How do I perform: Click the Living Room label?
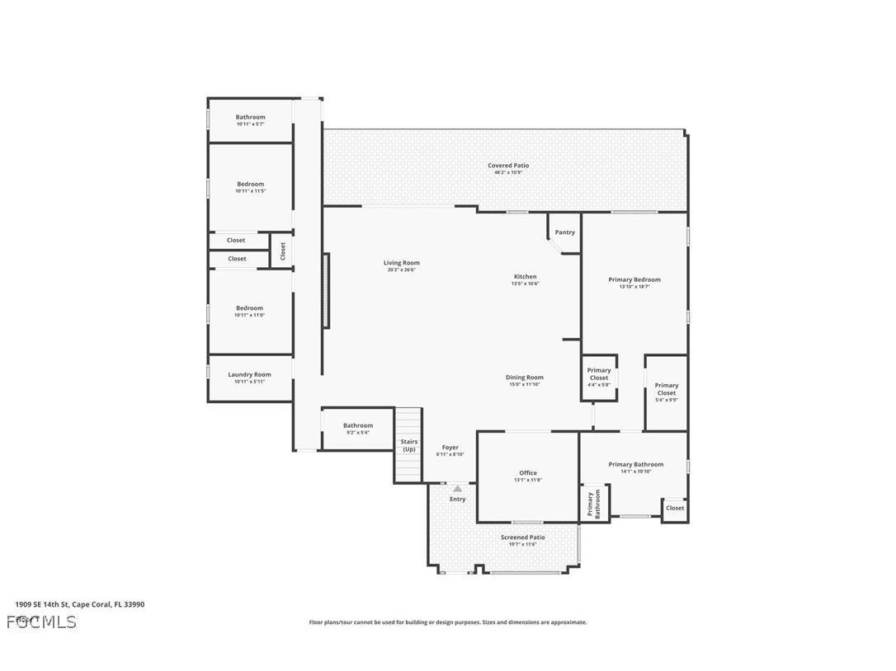click(x=401, y=263)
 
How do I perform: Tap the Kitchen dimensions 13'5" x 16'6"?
click(x=525, y=284)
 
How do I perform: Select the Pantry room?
click(x=565, y=232)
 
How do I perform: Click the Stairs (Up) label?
click(x=409, y=445)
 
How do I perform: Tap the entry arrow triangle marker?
click(x=457, y=489)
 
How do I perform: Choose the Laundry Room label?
click(x=249, y=374)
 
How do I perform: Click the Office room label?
click(x=528, y=473)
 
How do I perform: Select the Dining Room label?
click(x=525, y=378)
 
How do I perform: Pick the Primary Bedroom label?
click(x=634, y=279)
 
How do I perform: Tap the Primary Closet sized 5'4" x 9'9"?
click(x=667, y=389)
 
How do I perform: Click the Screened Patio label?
click(x=522, y=537)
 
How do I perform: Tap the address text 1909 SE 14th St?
click(x=41, y=604)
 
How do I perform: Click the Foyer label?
click(x=450, y=448)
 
